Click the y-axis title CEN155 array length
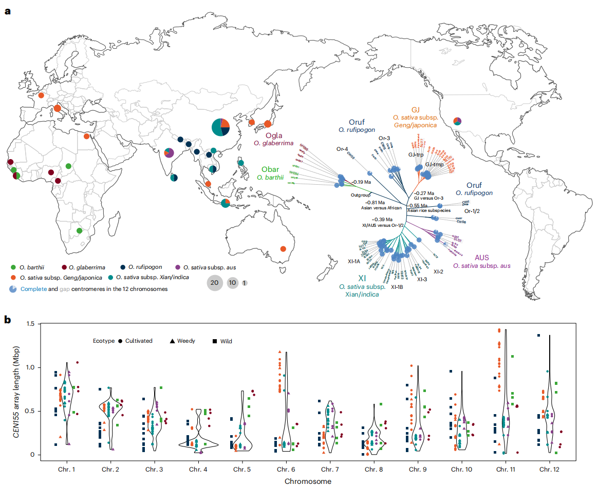pyautogui.click(x=21, y=390)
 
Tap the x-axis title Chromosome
pyautogui.click(x=308, y=481)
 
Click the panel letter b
pyautogui.click(x=7, y=319)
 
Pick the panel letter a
pyautogui.click(x=7, y=11)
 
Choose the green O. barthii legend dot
pyautogui.click(x=13, y=267)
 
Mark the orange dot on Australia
pyautogui.click(x=283, y=249)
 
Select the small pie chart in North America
pyautogui.click(x=457, y=121)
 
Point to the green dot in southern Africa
pyautogui.click(x=79, y=231)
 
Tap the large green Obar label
pyautogui.click(x=270, y=169)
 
